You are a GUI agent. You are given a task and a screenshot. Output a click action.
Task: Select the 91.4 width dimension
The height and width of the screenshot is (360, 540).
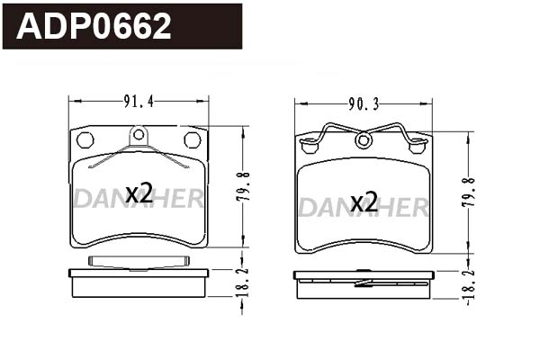(x=139, y=103)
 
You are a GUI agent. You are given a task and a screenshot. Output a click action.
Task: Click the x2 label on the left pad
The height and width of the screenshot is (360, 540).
(x=139, y=193)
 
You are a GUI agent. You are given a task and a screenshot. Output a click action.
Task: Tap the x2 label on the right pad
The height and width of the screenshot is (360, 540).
(x=363, y=202)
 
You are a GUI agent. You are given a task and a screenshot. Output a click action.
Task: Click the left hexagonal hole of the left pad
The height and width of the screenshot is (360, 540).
(x=85, y=139)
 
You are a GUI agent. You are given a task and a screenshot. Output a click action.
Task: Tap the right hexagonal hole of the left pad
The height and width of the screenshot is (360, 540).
(x=192, y=139)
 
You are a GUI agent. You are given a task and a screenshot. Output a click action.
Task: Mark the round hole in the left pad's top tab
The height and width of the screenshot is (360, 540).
(x=139, y=136)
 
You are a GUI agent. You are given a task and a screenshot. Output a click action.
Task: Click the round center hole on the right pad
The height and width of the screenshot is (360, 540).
(x=364, y=140)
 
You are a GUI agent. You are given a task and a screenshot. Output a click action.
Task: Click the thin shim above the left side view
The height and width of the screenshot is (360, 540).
(x=139, y=261)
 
